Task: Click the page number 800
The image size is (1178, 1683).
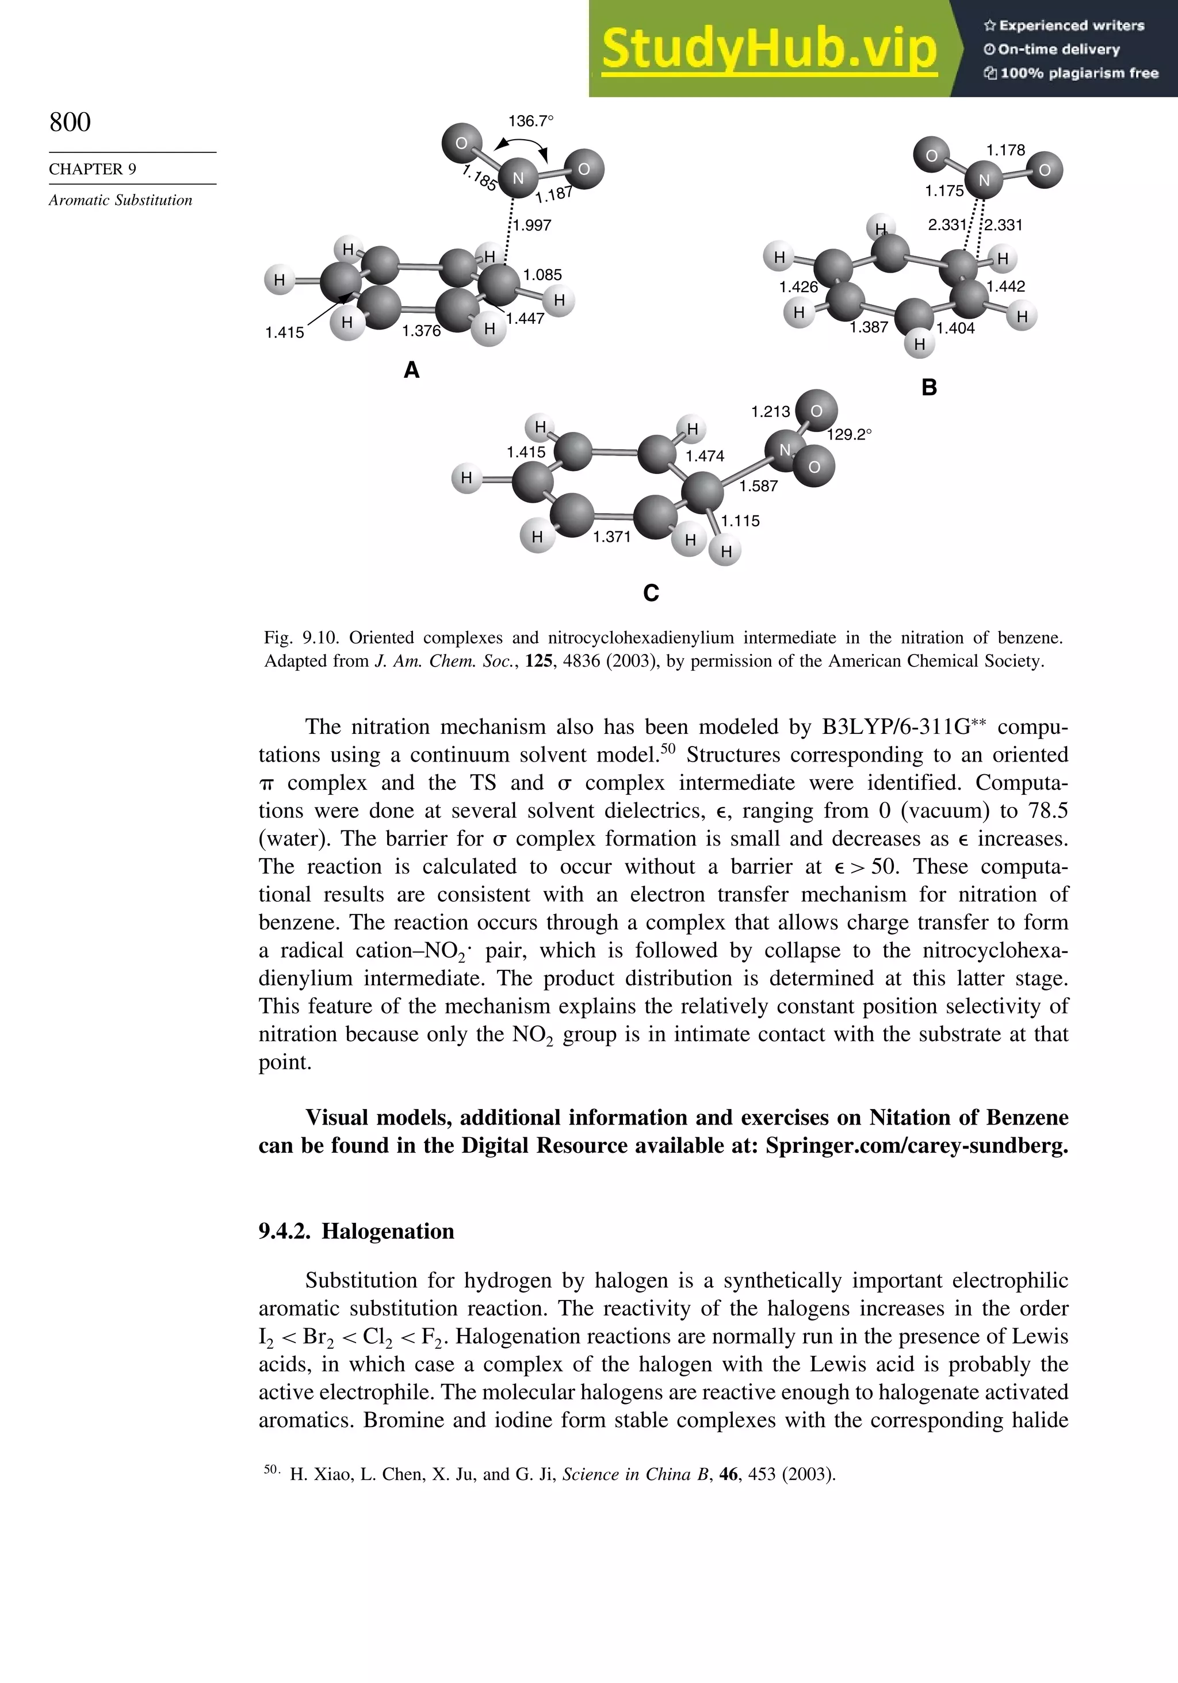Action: (70, 122)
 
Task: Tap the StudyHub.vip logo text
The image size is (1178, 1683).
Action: (769, 49)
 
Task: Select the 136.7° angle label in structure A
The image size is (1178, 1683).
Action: (531, 121)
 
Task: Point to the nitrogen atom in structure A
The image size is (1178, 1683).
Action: (518, 177)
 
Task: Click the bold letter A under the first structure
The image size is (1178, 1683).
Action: (412, 370)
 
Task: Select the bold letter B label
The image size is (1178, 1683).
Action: (929, 387)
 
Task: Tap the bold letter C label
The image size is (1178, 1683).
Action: (651, 592)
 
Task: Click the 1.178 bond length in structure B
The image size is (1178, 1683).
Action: (1006, 150)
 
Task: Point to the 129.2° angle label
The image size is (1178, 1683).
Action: (850, 435)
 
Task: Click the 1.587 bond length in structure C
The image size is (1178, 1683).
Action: (759, 486)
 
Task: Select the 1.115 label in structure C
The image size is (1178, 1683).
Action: (740, 521)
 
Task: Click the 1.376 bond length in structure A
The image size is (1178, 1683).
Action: (422, 331)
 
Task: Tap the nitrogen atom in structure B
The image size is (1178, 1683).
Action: (984, 179)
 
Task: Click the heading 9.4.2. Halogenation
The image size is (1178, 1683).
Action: (356, 1231)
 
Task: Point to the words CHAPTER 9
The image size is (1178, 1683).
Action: (93, 169)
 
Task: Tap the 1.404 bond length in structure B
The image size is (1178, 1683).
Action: (955, 328)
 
